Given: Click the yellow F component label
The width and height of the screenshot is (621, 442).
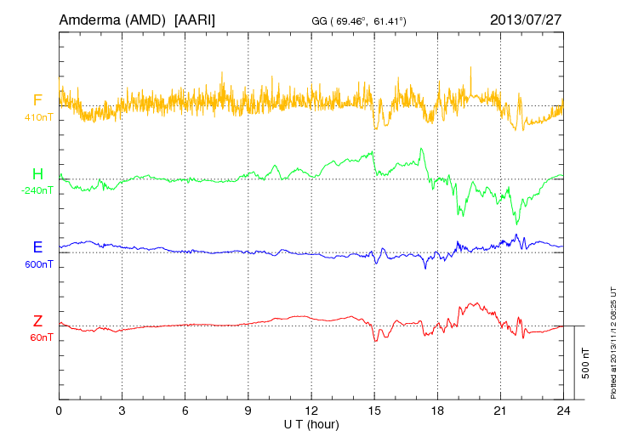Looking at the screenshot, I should (37, 100).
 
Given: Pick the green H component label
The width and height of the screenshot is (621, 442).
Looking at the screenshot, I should (37, 174).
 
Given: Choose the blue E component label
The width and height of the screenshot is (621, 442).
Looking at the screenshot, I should (37, 247).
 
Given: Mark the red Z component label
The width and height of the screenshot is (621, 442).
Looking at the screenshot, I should (37, 320).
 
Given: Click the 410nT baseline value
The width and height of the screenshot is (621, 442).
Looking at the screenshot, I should (38, 117).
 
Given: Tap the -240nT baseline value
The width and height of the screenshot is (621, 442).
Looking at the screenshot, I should (37, 190).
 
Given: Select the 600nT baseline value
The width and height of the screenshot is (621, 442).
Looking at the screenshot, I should (38, 264).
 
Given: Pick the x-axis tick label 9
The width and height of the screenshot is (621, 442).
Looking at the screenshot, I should (248, 411).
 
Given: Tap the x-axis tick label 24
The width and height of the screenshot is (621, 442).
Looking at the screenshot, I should (562, 411).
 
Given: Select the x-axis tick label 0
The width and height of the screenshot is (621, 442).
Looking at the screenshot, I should (59, 411).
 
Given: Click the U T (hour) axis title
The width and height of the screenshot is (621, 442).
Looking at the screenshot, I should (311, 423).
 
